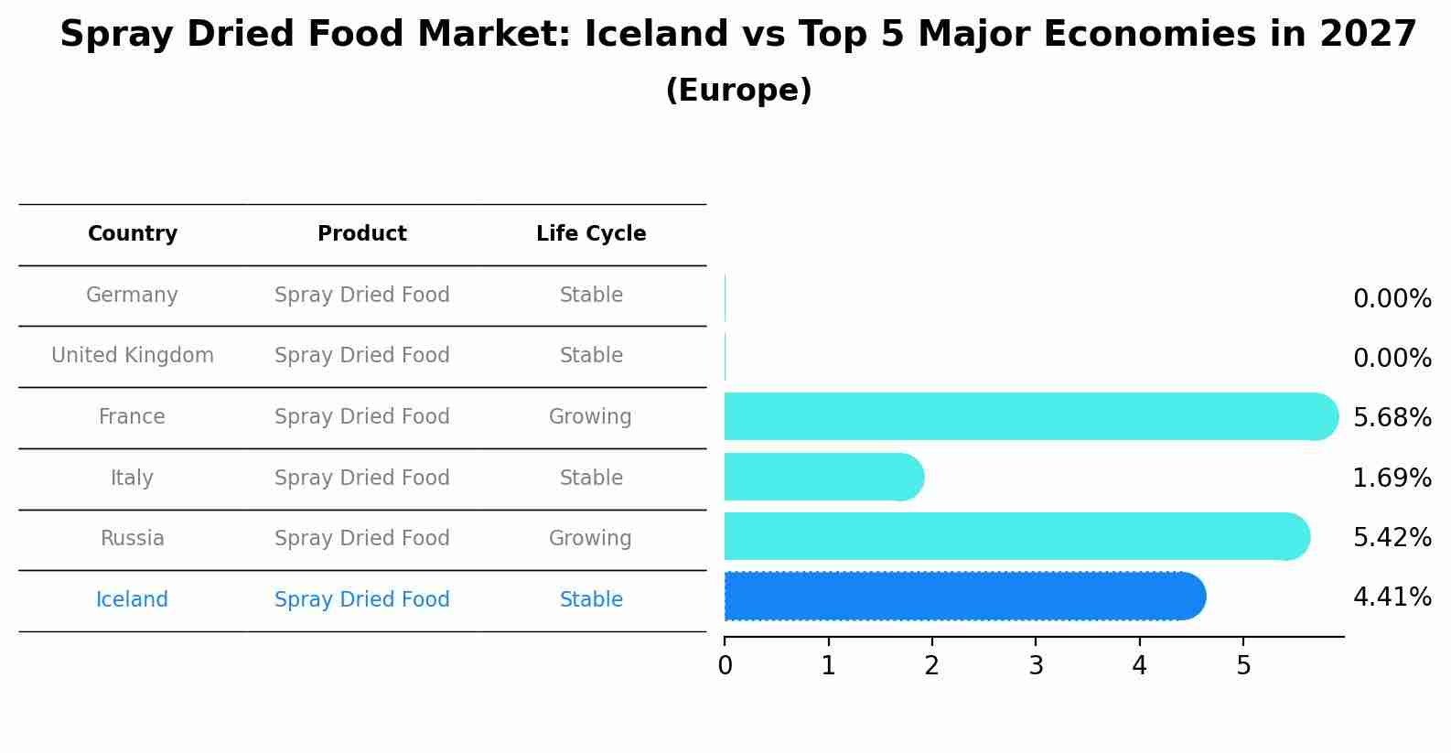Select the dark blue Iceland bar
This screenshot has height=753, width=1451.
point(964,597)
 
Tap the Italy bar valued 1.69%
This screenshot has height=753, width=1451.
point(823,477)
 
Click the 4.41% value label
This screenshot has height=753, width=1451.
point(1392,597)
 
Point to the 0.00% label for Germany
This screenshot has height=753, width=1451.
point(1392,299)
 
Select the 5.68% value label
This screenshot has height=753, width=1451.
point(1392,418)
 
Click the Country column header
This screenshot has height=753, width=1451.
point(133,234)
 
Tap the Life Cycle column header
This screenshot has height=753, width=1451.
point(591,234)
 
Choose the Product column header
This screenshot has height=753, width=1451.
point(362,234)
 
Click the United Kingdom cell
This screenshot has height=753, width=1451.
point(133,356)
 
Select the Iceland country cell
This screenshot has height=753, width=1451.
point(133,600)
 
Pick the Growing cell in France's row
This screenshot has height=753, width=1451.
point(590,417)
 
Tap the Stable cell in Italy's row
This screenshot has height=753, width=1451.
point(591,479)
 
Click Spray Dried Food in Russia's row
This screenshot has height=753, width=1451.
point(362,539)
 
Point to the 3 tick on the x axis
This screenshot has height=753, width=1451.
point(1036,665)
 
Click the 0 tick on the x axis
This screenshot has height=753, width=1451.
point(725,665)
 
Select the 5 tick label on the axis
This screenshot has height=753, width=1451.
point(1242,665)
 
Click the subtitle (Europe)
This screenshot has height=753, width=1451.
point(738,91)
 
